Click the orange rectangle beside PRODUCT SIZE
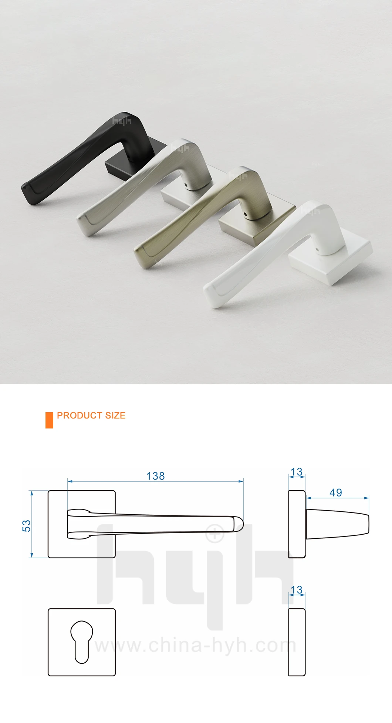point(49,420)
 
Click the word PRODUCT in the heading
point(80,416)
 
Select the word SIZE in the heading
point(115,416)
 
